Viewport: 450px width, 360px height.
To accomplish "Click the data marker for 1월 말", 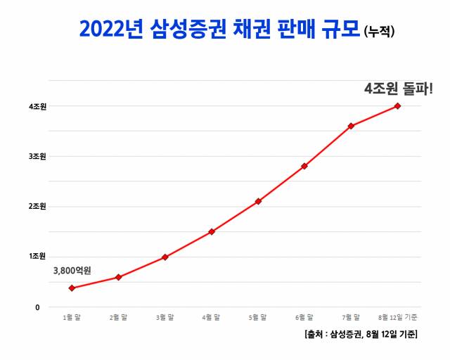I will [72, 288].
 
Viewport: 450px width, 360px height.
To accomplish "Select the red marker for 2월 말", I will [118, 277].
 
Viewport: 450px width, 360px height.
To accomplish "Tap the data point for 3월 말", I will [165, 257].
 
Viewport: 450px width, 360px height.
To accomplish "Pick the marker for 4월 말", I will [211, 231].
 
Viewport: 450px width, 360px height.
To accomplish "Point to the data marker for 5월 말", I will [258, 201].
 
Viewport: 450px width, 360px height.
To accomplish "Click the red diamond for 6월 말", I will [304, 166].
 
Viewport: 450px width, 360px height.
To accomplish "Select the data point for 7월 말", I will [351, 126].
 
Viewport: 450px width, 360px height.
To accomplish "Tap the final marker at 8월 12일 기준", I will [397, 106].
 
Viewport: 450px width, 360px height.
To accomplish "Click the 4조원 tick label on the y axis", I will [37, 106].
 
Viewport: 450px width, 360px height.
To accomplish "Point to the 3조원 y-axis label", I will [37, 156].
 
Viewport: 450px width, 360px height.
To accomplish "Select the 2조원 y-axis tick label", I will [37, 207].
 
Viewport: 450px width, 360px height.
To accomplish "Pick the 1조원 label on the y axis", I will [37, 257].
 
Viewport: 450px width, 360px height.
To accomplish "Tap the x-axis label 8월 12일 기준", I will [398, 319].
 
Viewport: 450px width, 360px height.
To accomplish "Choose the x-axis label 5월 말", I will [258, 319].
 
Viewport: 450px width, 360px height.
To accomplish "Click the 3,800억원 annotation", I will [72, 270].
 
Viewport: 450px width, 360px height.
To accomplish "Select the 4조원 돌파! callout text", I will [398, 89].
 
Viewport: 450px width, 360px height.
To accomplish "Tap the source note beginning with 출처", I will [361, 335].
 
